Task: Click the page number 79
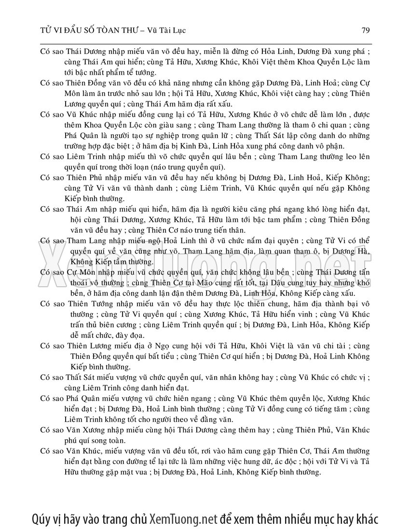tap(365, 30)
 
